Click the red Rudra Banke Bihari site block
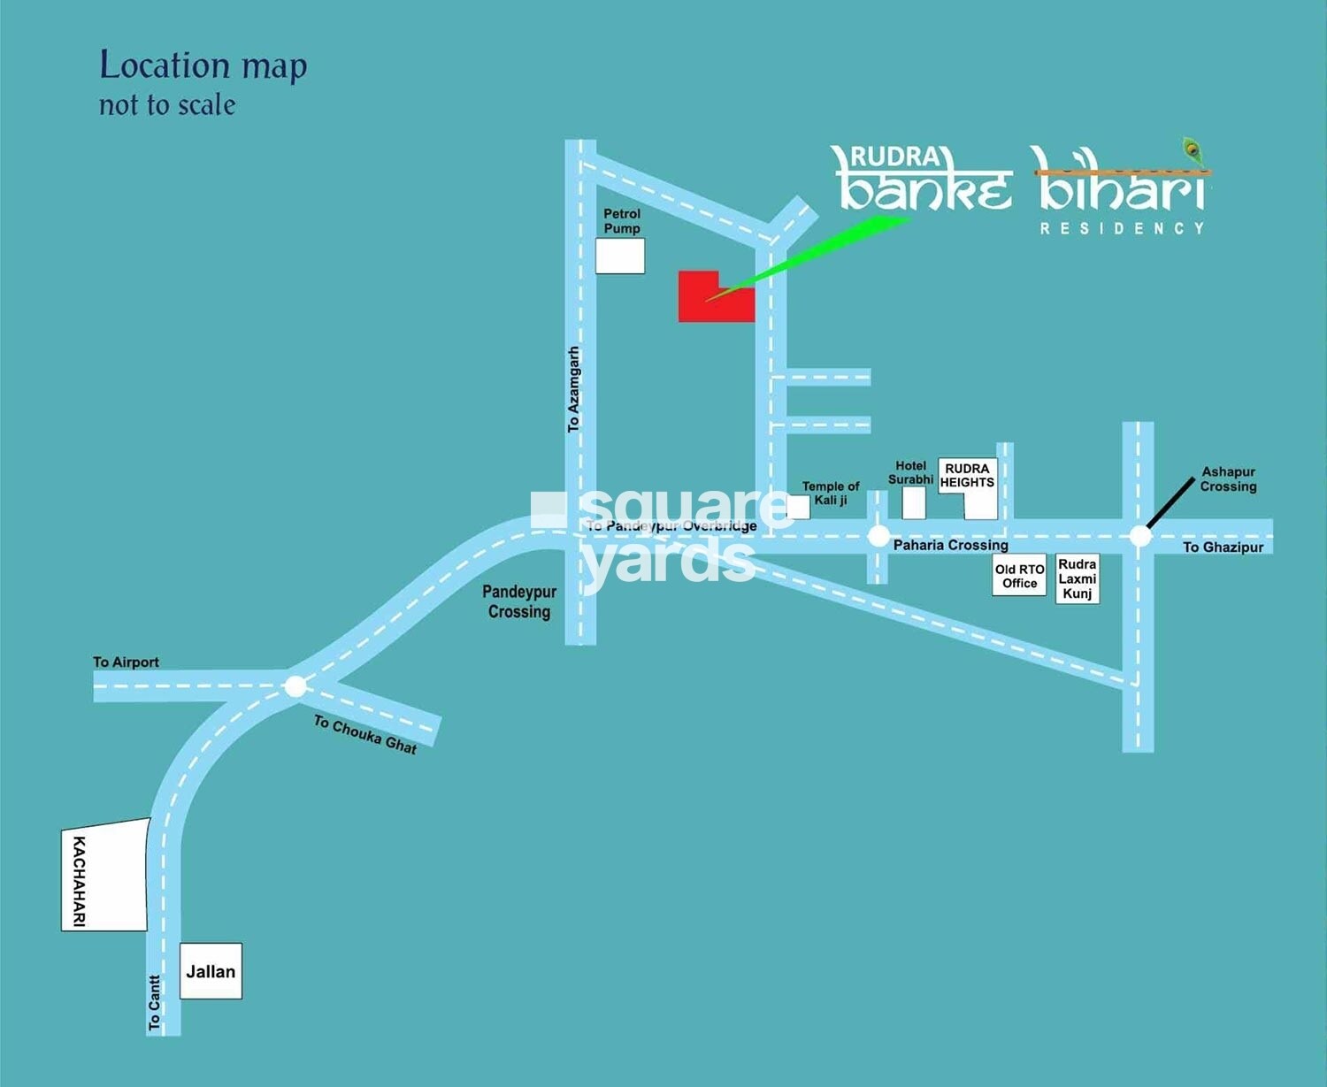708,301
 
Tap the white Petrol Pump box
619,256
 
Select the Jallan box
211,971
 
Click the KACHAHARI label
80,881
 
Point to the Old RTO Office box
1019,576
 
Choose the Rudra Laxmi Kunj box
1077,579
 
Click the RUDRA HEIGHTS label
967,476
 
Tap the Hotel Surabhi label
910,472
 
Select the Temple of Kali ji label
830,493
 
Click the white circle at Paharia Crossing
878,535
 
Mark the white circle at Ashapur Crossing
1140,535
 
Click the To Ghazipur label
1223,547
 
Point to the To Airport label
126,662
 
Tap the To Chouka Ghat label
364,734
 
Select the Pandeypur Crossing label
519,601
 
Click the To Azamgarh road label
573,389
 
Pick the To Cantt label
155,1003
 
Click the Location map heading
203,66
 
